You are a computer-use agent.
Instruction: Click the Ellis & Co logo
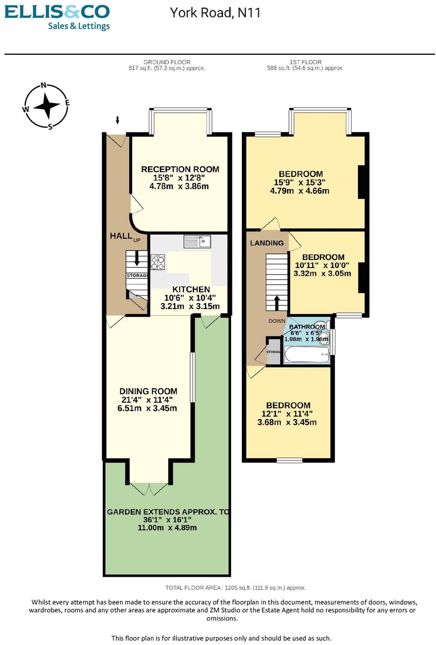[x=57, y=17]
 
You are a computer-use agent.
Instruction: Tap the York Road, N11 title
[x=215, y=12]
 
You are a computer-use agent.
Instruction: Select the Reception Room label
[x=180, y=169]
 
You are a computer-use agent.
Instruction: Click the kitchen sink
[x=198, y=241]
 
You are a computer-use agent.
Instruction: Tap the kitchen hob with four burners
[x=157, y=262]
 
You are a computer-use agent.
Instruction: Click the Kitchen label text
[x=191, y=289]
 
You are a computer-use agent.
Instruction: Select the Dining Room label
[x=148, y=391]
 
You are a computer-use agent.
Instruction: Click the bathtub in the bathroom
[x=306, y=354]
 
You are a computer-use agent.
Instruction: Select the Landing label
[x=267, y=243]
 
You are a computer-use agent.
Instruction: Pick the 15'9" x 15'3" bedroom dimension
[x=300, y=182]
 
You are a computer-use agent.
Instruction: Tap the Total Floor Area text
[x=235, y=588]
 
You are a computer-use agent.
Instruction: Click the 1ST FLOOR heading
[x=305, y=62]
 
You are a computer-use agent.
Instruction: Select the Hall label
[x=121, y=236]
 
